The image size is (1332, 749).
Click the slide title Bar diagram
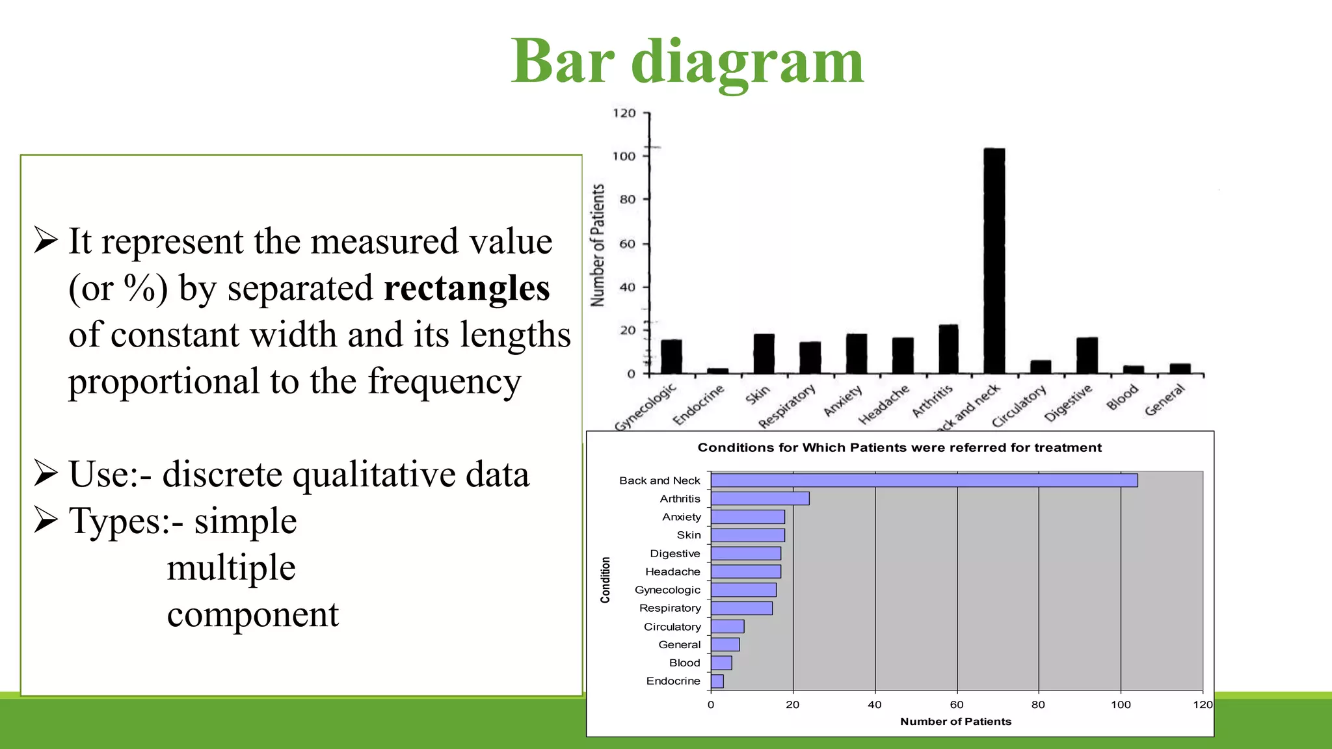[x=687, y=62]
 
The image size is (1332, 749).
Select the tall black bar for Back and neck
[x=994, y=260]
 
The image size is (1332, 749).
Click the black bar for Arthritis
[x=948, y=349]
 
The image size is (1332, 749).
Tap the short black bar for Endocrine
[x=717, y=371]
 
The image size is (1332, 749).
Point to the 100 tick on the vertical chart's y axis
[x=624, y=156]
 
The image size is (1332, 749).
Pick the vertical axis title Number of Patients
[x=597, y=245]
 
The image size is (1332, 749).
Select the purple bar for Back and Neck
[x=924, y=480]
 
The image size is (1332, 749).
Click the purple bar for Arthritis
[x=760, y=499]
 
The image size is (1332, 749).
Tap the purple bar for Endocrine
[x=717, y=681]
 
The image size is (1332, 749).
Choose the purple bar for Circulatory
[x=727, y=627]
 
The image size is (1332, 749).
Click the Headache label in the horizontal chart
[x=673, y=572]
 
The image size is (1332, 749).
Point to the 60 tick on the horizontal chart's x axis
[x=957, y=705]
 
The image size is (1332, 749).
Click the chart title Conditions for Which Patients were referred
[x=899, y=448]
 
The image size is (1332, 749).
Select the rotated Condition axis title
[x=606, y=580]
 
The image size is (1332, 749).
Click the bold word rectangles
[x=466, y=288]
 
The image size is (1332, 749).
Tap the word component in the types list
[x=252, y=614]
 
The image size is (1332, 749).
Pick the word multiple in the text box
[x=231, y=568]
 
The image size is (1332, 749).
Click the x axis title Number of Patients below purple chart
[x=955, y=722]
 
